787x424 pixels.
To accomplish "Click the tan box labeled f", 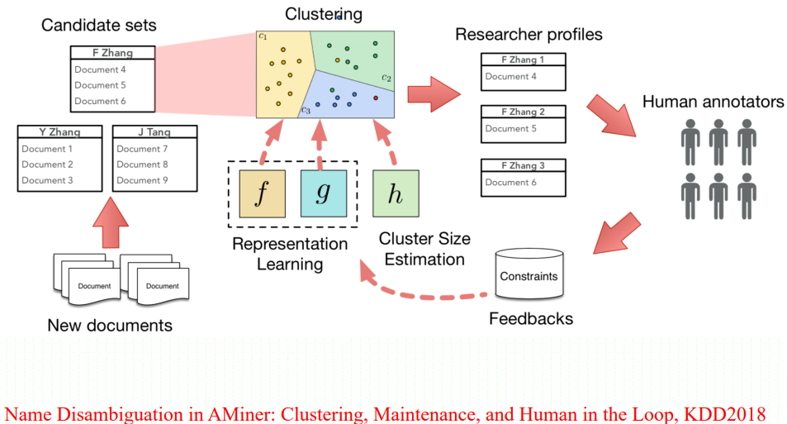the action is coord(262,194).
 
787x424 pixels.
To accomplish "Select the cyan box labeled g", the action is coord(324,194).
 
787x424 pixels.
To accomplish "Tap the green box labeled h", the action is coord(396,194).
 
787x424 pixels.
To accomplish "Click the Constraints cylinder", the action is coord(529,274).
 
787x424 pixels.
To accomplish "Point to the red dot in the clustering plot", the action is coord(376,98).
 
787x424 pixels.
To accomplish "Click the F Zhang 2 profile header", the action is coord(523,112).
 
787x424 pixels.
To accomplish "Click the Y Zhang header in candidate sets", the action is coord(59,132).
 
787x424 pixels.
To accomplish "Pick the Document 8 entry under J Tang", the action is coord(142,164).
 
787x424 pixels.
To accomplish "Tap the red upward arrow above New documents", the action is coord(111,222).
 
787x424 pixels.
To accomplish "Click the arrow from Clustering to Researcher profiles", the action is coord(434,94).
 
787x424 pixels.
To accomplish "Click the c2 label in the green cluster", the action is coord(386,78).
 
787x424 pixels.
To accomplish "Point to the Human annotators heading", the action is coord(713,102).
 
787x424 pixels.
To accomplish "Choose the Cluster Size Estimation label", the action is coord(424,249).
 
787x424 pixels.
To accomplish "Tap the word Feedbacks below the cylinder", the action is coord(531,318).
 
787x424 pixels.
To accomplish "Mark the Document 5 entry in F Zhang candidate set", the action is coord(100,85).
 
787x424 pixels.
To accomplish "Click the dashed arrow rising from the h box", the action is coord(385,142).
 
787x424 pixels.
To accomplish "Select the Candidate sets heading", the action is coord(99,25).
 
